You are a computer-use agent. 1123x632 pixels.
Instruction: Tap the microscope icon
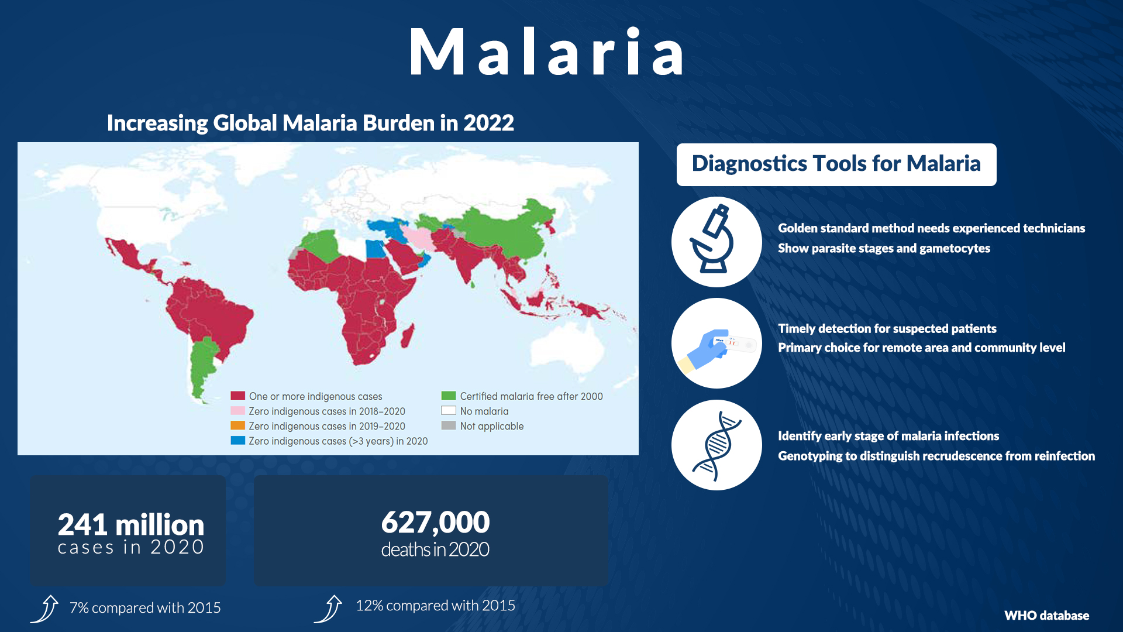tap(712, 240)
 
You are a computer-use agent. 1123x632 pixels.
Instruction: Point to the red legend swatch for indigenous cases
tap(237, 396)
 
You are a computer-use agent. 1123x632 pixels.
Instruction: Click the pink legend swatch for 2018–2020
tap(237, 411)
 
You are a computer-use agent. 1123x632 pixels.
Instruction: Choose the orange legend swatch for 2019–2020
tap(237, 426)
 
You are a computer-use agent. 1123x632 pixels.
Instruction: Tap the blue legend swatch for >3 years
tap(237, 441)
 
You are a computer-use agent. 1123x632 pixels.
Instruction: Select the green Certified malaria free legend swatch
tap(449, 396)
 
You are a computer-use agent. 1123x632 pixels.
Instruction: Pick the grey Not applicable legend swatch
tap(449, 426)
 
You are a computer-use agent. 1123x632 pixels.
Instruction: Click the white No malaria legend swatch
tap(449, 411)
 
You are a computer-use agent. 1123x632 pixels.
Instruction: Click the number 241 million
tap(131, 524)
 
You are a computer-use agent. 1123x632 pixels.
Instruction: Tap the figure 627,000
tap(435, 522)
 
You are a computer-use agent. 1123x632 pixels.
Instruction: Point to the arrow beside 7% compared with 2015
tap(45, 609)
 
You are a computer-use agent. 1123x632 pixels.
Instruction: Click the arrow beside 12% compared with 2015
tap(328, 609)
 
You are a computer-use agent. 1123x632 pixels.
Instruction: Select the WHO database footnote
tap(1046, 616)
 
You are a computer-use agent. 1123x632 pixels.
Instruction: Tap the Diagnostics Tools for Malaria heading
tap(836, 164)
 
